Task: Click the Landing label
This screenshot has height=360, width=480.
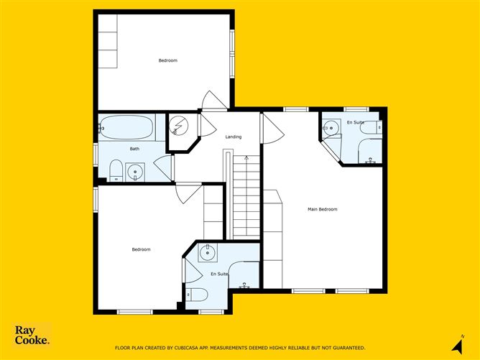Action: pyautogui.click(x=234, y=137)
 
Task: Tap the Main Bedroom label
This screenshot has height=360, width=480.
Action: pyautogui.click(x=323, y=209)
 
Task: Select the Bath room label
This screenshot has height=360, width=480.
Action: pyautogui.click(x=134, y=149)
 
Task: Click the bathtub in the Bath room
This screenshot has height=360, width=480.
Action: pyautogui.click(x=126, y=127)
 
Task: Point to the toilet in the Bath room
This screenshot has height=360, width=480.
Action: pyautogui.click(x=116, y=171)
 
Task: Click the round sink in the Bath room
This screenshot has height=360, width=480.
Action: pyautogui.click(x=135, y=172)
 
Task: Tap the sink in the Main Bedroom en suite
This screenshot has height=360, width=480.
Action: pyautogui.click(x=331, y=127)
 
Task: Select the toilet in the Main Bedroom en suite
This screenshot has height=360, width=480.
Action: pyautogui.click(x=371, y=127)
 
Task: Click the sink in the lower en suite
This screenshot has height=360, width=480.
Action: pyautogui.click(x=208, y=252)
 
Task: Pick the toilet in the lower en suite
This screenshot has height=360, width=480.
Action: pyautogui.click(x=197, y=295)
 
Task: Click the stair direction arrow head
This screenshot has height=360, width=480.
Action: pyautogui.click(x=246, y=158)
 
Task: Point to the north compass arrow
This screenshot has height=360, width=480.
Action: pyautogui.click(x=458, y=346)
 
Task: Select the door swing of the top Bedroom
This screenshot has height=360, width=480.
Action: pyautogui.click(x=214, y=100)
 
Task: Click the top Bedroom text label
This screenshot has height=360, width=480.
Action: pyautogui.click(x=167, y=60)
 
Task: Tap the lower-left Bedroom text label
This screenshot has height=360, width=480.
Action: pyautogui.click(x=141, y=249)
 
